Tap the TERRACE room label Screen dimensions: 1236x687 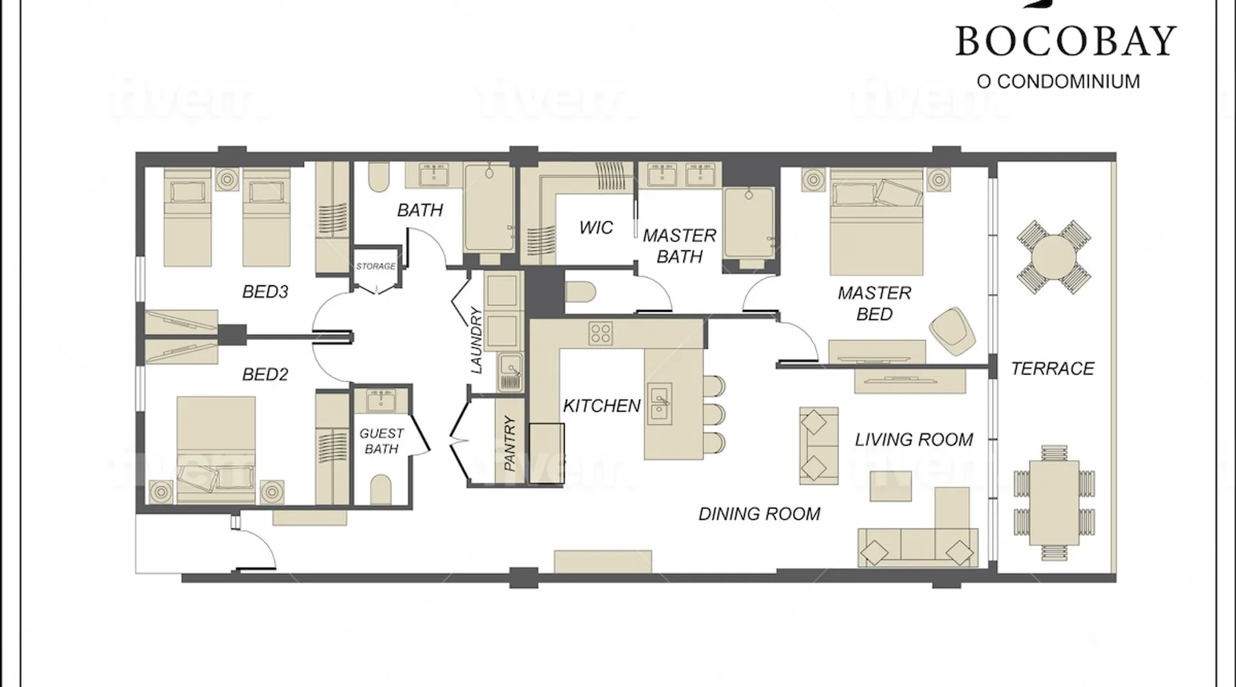pos(1053,369)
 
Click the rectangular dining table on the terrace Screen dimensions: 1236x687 pos(1054,494)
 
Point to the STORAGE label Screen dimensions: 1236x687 pos(376,266)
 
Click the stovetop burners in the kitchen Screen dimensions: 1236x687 pos(601,334)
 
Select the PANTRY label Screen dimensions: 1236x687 pos(510,443)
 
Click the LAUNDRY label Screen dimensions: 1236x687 pos(477,341)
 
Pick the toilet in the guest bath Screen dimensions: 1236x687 pos(381,489)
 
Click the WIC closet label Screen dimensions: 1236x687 pos(596,227)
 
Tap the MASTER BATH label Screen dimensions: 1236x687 pos(680,246)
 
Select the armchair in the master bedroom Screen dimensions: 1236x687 pos(953,331)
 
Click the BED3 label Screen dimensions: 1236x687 pos(265,292)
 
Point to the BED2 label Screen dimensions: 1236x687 pos(265,374)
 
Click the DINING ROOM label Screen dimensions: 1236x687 pos(759,514)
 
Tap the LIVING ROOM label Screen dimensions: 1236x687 pos(914,440)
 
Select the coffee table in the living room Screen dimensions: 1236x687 pos(891,485)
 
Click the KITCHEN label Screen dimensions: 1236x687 pos(602,406)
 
